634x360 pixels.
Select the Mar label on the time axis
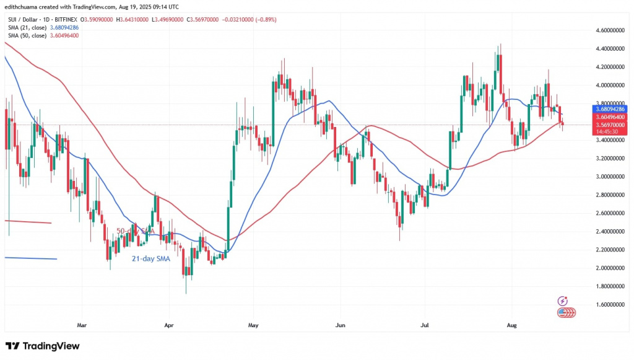pos(81,324)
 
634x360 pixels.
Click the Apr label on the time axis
pos(168,324)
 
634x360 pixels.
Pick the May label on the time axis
pos(252,324)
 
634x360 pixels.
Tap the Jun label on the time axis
pos(339,324)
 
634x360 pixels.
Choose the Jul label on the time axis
pos(424,324)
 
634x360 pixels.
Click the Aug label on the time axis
pos(511,324)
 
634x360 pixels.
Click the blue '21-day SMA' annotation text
pos(152,258)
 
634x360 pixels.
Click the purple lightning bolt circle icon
pos(563,301)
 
